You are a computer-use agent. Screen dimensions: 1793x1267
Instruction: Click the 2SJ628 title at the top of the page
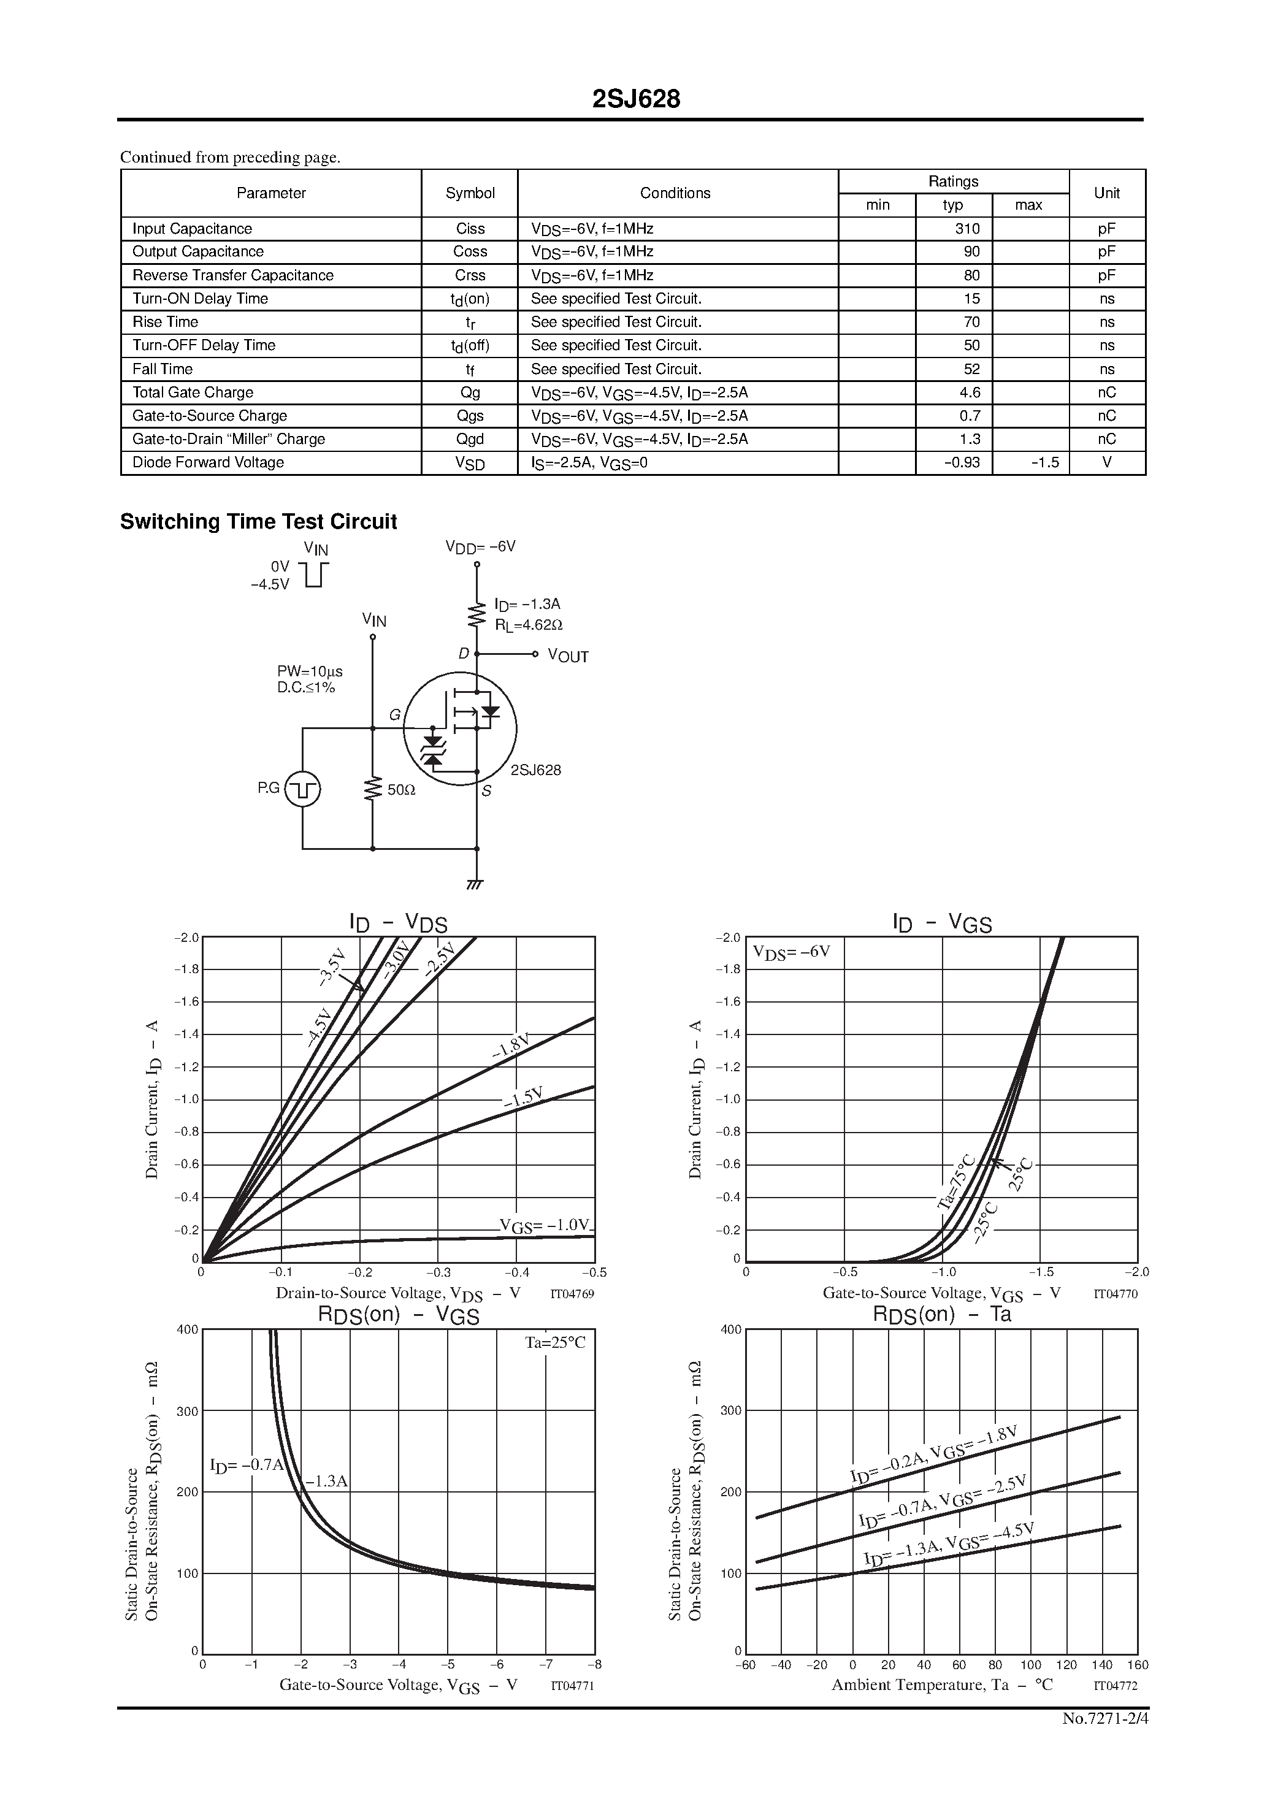636,99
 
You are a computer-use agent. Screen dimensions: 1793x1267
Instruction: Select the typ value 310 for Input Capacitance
967,229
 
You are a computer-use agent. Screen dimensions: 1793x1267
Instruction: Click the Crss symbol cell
470,276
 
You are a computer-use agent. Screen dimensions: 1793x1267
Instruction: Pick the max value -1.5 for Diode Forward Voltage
1044,463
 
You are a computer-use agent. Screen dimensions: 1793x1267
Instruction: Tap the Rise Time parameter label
165,323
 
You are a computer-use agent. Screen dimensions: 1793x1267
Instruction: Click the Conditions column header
675,193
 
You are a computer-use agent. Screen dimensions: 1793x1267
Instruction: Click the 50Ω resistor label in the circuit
402,790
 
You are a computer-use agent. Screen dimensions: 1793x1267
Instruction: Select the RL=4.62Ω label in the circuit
529,625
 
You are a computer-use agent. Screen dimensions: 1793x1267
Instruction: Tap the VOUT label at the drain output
568,656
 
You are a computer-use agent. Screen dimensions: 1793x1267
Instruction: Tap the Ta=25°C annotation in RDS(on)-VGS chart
554,1342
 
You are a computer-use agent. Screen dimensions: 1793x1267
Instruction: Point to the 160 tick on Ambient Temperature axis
1138,1665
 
